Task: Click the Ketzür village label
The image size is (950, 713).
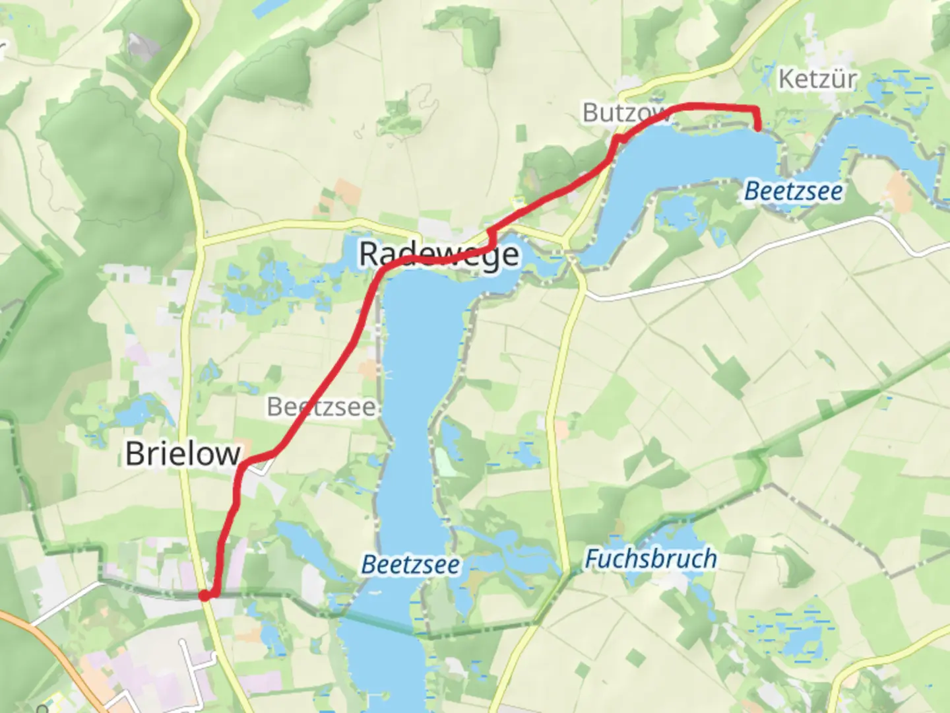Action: click(817, 79)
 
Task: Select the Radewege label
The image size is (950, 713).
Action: click(438, 254)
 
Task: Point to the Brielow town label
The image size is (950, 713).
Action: click(183, 454)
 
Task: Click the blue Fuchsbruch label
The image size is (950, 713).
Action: click(650, 559)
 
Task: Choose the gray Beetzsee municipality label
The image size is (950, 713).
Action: click(321, 407)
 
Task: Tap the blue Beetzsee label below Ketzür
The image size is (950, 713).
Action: click(793, 191)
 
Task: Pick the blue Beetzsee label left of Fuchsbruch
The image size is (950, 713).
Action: click(410, 565)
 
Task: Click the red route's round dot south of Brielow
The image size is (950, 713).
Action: click(205, 595)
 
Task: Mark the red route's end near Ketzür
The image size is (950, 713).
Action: click(757, 128)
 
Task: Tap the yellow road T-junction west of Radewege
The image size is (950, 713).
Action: click(201, 242)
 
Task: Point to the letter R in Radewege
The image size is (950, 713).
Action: click(369, 254)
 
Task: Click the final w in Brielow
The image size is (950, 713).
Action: click(228, 454)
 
